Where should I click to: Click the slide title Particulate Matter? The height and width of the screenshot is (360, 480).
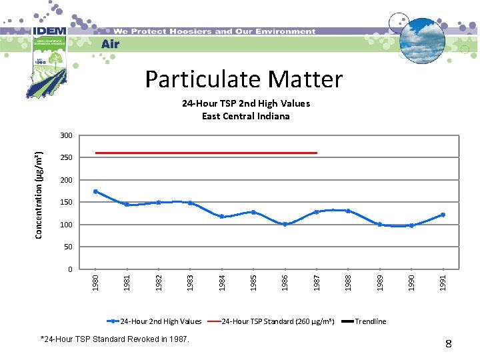pos(244,79)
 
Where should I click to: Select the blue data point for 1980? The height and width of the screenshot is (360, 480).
pos(95,191)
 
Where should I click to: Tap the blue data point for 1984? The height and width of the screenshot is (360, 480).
pos(222,217)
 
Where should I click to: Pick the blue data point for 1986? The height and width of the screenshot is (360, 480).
pos(285,224)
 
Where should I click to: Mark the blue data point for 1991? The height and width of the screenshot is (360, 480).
pos(443,215)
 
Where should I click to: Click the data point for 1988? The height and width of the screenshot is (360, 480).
pos(348,211)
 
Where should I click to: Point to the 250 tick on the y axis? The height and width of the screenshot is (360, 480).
pos(66,158)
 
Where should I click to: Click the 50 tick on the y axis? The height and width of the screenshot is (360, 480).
pos(68,247)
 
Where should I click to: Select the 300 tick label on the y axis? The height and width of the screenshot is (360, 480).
pos(66,135)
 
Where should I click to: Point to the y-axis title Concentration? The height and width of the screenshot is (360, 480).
pos(40,193)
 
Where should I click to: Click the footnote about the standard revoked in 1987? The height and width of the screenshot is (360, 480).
pos(115,340)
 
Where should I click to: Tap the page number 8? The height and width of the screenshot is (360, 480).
pos(449,344)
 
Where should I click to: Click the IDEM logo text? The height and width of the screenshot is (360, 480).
pos(47,31)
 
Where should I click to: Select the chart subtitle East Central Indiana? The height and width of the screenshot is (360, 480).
pos(246,116)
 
